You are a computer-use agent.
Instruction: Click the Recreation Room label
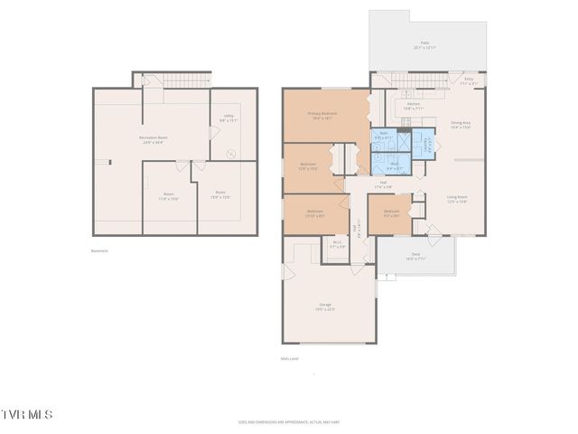click(x=154, y=138)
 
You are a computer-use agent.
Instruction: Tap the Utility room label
click(x=228, y=118)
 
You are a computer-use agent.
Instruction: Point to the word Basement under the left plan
click(x=99, y=250)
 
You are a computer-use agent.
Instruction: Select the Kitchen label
click(x=414, y=106)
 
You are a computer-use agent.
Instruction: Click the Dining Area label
click(x=460, y=125)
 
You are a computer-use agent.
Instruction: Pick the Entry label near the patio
click(x=468, y=80)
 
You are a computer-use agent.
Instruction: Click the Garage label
click(x=325, y=307)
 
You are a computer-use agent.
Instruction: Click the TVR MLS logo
click(x=27, y=414)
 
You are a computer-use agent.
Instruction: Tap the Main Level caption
click(x=290, y=358)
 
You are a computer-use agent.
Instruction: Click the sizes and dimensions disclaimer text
click(x=289, y=420)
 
